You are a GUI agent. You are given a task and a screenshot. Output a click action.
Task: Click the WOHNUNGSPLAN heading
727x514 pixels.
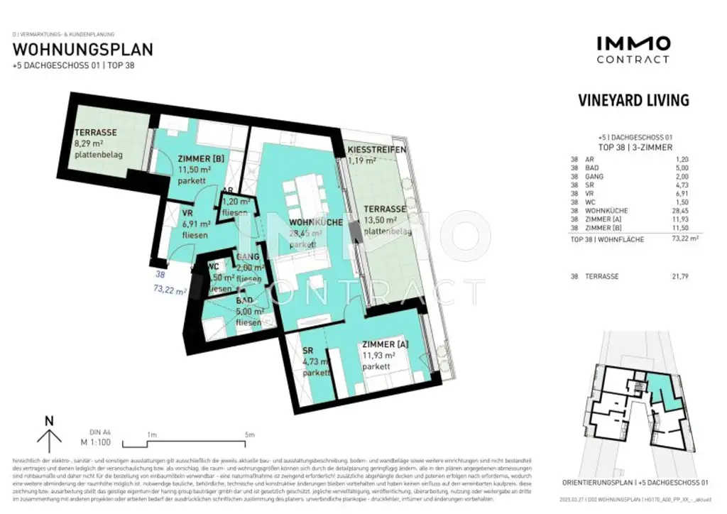point(83,50)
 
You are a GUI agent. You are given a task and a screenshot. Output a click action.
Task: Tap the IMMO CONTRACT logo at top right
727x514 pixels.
point(633,50)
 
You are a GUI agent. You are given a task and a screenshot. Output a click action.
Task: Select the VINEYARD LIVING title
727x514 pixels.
point(633,100)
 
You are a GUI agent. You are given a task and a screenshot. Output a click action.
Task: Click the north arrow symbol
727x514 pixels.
point(49,435)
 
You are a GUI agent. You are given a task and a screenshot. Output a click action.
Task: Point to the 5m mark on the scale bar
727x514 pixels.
point(248,434)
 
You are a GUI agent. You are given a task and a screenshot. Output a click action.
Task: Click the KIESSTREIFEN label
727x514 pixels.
point(376,150)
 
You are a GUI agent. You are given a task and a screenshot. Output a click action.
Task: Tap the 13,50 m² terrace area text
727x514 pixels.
point(383,221)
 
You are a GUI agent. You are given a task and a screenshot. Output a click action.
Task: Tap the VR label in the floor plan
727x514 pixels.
point(188,212)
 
